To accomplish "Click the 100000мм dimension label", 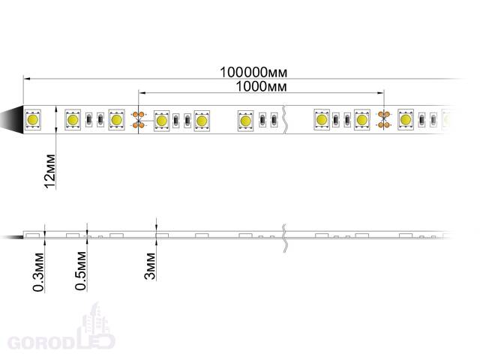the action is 253,72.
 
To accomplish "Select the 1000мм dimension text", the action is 262,86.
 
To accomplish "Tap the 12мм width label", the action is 50,172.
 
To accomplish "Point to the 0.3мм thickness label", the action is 38,271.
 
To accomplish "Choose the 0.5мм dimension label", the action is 81,271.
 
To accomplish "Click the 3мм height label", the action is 150,266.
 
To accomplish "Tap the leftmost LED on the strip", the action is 32,120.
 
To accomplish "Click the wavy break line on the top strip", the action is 285,120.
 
